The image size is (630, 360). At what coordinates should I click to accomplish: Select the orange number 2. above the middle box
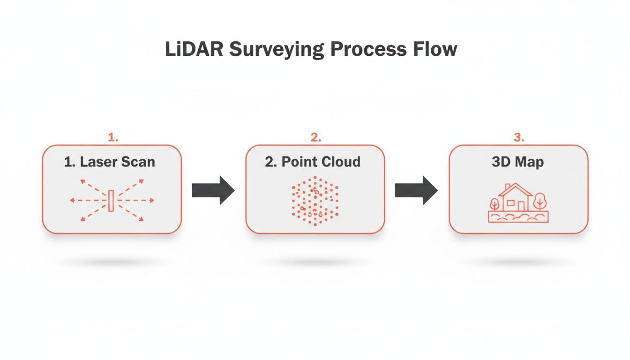[x=315, y=137]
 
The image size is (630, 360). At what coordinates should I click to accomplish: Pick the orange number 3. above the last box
[x=518, y=137]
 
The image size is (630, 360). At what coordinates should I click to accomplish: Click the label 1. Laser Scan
[x=109, y=162]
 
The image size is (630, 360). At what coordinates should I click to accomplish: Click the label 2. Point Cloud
[x=313, y=162]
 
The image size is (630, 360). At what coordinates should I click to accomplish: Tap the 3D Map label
[x=517, y=162]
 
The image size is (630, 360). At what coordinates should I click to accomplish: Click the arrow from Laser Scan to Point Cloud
[x=213, y=190]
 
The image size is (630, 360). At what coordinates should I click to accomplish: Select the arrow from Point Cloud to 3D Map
[x=416, y=190]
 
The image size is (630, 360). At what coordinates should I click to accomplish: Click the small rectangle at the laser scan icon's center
[x=111, y=201]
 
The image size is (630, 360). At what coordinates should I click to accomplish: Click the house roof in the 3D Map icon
[x=515, y=189]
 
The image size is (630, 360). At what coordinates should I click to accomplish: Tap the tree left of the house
[x=494, y=204]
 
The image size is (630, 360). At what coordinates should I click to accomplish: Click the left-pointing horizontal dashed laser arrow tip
[x=72, y=201]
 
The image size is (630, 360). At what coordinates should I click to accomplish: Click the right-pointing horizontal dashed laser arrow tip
[x=152, y=201]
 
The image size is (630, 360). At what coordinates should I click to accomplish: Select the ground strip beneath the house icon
[x=518, y=217]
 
